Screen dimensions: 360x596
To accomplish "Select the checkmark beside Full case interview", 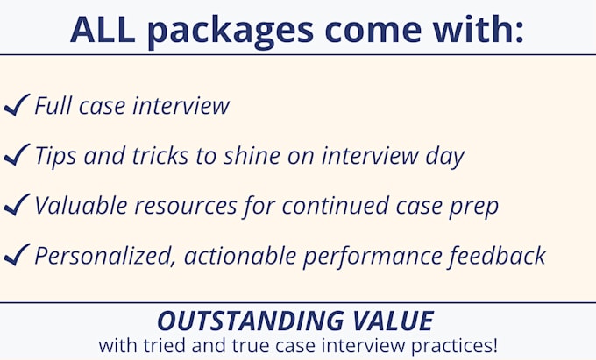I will [x=17, y=106].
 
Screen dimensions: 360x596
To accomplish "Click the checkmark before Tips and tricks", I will [x=17, y=156].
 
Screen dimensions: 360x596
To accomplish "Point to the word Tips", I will [x=56, y=157].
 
